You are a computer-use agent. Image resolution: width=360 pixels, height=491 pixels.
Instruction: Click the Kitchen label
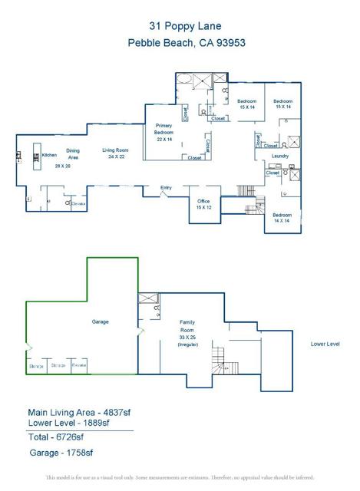(50, 155)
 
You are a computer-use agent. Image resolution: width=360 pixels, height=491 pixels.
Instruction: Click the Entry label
(166, 187)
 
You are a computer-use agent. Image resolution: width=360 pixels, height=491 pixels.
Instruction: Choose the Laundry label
(280, 157)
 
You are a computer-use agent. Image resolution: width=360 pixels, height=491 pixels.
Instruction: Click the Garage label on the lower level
(101, 321)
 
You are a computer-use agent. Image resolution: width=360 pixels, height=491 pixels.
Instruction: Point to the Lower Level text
(325, 344)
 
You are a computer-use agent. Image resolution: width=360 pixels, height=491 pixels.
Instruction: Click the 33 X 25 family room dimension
(189, 336)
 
